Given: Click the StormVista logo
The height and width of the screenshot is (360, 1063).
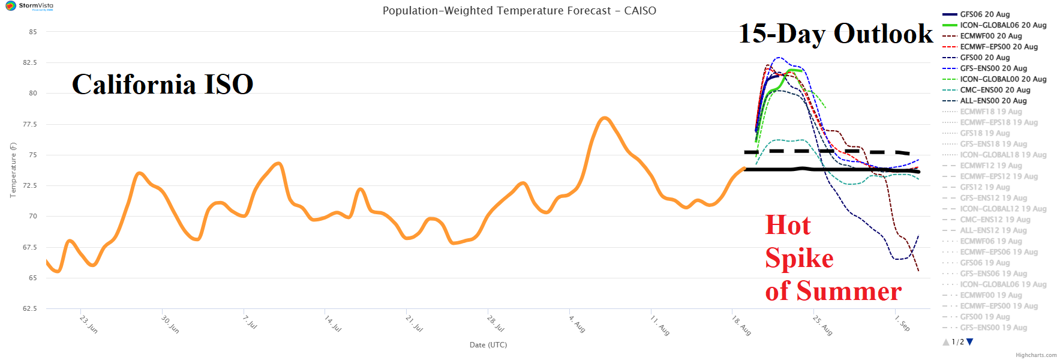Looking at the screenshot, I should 29,6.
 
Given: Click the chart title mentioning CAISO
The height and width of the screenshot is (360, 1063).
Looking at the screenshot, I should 519,11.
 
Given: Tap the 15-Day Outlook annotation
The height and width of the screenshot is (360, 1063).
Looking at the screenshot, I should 836,34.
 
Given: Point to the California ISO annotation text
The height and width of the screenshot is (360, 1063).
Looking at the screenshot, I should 163,84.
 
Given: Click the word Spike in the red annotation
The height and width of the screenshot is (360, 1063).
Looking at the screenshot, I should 799,258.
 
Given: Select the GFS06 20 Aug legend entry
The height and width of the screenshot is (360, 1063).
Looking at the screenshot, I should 984,14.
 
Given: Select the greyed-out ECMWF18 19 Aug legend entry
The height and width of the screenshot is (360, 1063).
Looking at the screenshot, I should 990,112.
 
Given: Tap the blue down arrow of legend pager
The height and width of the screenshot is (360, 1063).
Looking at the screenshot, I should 970,342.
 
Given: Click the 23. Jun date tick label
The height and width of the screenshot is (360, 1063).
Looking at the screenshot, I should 89,325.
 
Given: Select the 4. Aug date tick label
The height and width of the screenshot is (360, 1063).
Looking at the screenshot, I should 577,324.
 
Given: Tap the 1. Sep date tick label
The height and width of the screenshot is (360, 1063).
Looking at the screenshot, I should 902,323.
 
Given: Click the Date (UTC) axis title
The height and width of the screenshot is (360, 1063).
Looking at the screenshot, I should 488,345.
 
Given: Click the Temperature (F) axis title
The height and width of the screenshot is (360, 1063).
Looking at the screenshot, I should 13,170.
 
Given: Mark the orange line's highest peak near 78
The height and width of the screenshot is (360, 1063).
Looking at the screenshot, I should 605,118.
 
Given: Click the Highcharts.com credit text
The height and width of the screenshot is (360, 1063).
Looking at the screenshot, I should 1036,355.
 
